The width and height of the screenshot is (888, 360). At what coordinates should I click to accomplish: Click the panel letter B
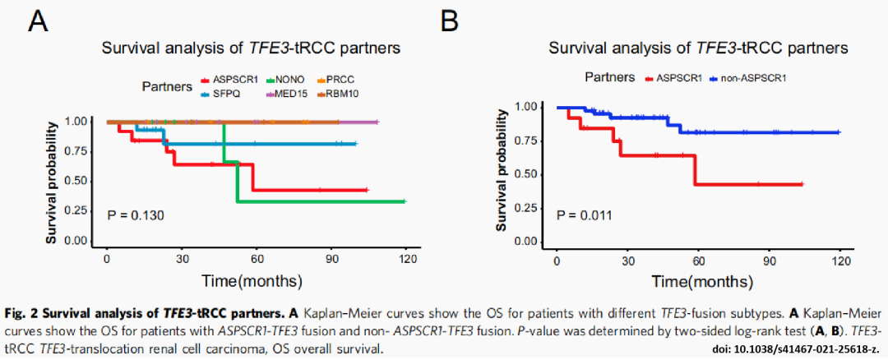[x=449, y=21]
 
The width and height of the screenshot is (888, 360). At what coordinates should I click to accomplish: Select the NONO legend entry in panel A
[x=285, y=79]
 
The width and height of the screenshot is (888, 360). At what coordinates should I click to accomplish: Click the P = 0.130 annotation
[x=136, y=215]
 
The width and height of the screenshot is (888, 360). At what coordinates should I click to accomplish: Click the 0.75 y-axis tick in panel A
[x=76, y=151]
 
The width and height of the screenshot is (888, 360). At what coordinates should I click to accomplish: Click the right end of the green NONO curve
[x=404, y=201]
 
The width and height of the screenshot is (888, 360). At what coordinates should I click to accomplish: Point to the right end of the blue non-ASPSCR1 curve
[x=839, y=132]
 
